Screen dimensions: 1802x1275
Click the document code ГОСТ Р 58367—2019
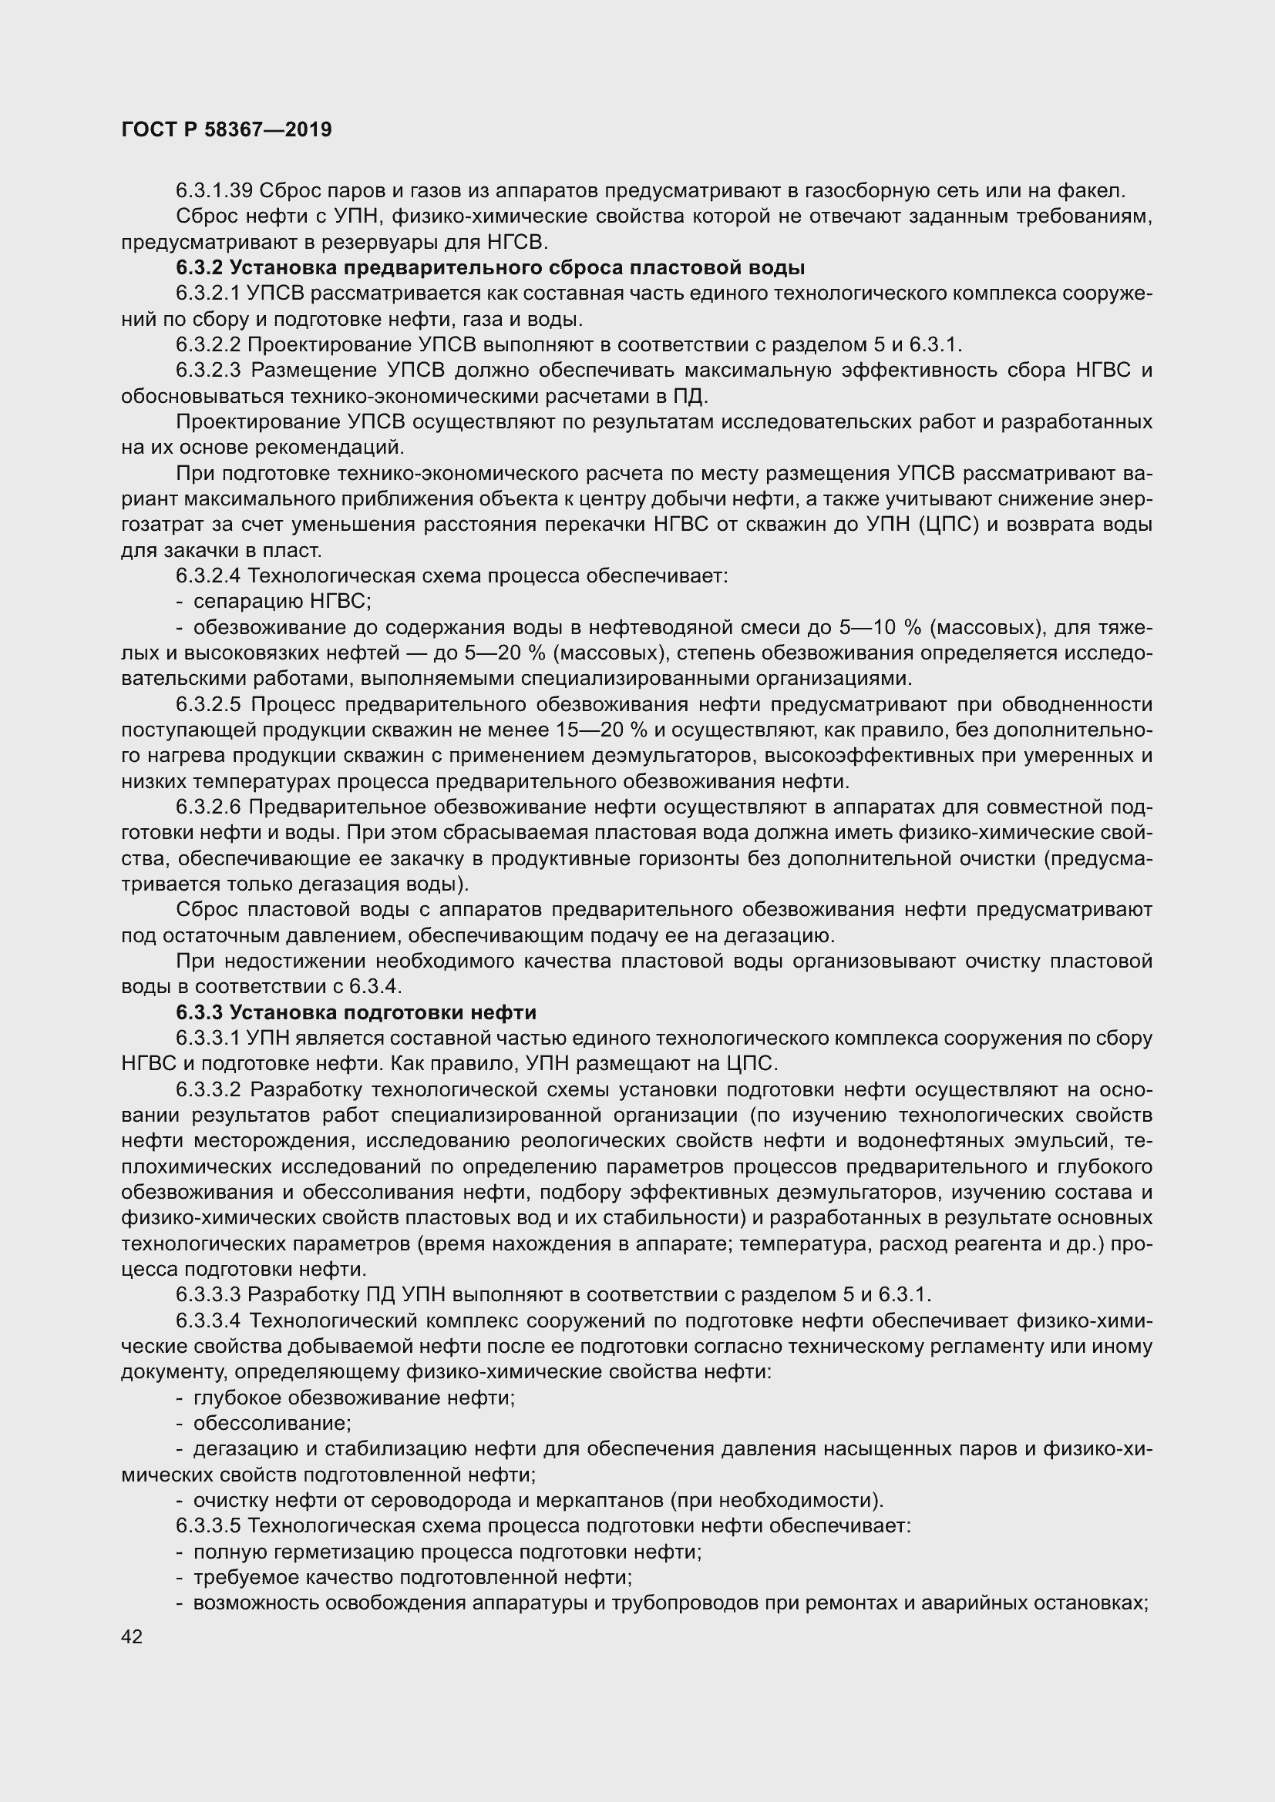[x=227, y=129]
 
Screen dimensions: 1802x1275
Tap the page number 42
[x=132, y=1636]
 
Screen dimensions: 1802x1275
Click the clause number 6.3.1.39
[x=214, y=190]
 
